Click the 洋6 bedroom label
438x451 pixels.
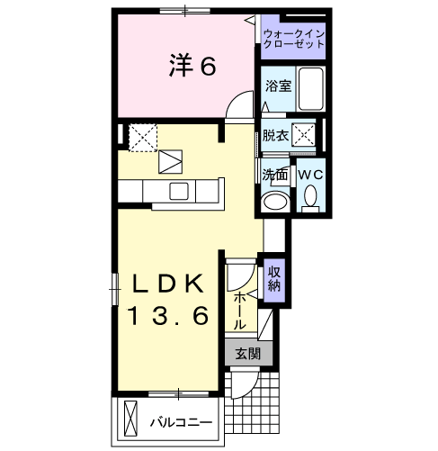tap(192, 65)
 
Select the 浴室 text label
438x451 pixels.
tap(277, 86)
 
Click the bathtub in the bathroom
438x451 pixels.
tap(310, 89)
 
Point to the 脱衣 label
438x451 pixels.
tap(275, 136)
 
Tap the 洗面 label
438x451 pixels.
tap(274, 174)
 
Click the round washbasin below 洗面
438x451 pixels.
tap(275, 201)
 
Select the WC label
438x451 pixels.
tap(310, 173)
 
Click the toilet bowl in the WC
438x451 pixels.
tap(311, 194)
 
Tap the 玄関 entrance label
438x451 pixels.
tap(247, 354)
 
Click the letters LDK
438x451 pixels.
tap(168, 282)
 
